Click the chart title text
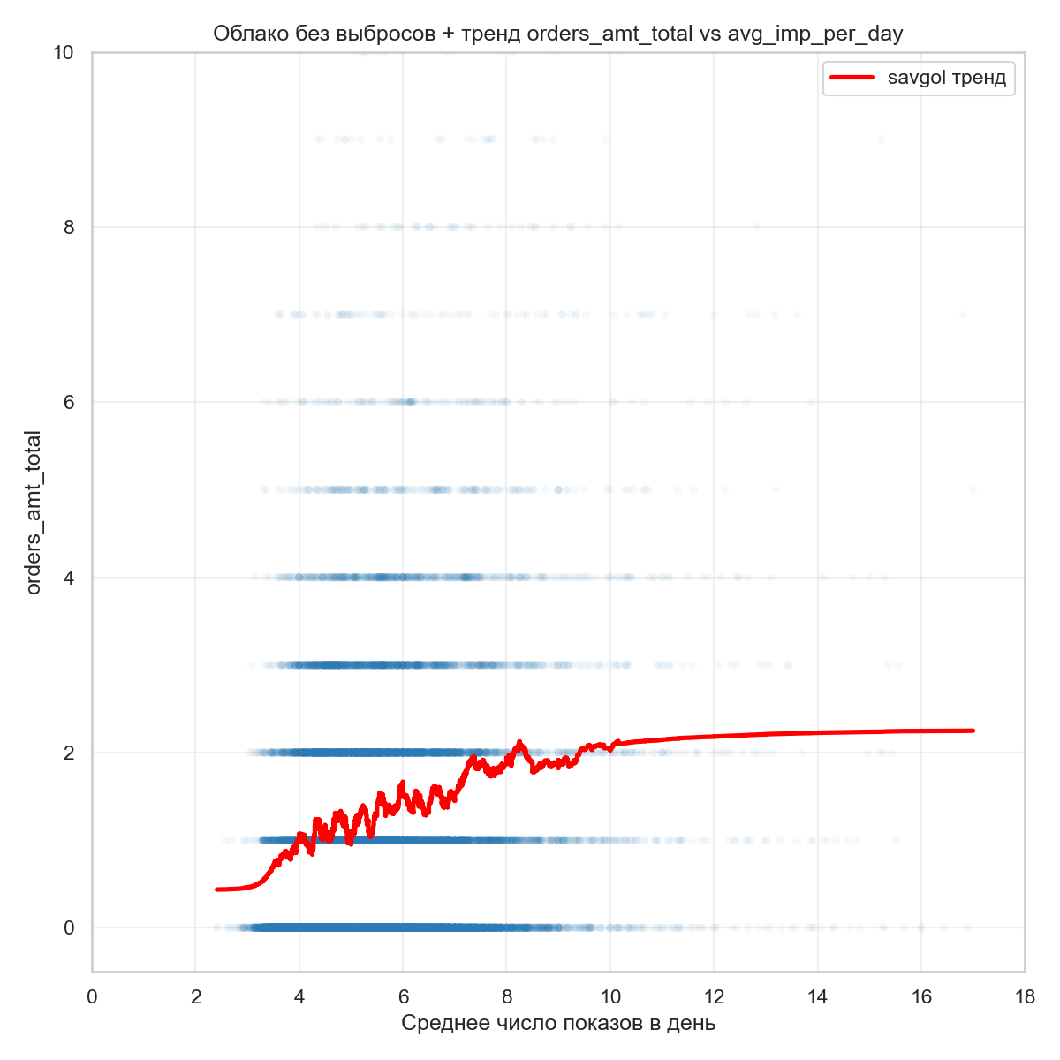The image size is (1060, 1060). coord(557,34)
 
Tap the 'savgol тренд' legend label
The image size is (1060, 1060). coord(946,78)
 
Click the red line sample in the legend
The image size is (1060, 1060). coord(852,78)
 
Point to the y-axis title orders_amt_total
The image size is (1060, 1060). coord(34,512)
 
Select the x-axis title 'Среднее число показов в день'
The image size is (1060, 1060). coord(558,1024)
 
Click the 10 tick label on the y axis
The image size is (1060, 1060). coord(62,52)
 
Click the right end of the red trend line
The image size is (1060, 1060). coord(973,731)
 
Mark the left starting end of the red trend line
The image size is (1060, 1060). coord(217,890)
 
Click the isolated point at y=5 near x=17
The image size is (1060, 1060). coord(973,489)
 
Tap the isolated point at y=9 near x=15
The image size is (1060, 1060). coord(881,139)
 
